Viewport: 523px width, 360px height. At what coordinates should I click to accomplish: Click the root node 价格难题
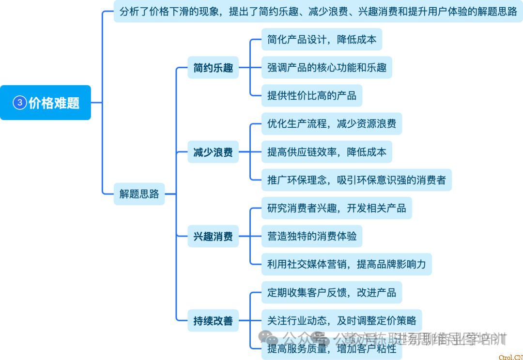(x=46, y=103)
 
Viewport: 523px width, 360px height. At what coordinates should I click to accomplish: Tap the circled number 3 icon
(x=20, y=103)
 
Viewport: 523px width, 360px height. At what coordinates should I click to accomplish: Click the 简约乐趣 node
(x=213, y=68)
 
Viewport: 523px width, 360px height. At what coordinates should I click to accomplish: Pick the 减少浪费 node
(x=213, y=152)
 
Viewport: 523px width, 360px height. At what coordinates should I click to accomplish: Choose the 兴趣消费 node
(x=213, y=237)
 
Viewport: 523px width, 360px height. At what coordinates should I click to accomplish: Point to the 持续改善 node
(x=213, y=321)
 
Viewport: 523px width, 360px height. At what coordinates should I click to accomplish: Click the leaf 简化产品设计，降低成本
(x=322, y=40)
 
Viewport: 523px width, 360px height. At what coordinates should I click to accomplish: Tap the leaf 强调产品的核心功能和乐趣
(x=326, y=68)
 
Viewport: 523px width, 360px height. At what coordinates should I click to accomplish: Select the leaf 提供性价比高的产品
(x=311, y=96)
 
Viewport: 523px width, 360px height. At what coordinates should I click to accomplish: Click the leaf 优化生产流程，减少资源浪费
(x=331, y=124)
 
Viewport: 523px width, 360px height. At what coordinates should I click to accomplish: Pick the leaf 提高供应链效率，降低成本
(x=326, y=152)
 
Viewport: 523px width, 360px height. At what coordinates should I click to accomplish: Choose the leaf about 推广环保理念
(x=356, y=180)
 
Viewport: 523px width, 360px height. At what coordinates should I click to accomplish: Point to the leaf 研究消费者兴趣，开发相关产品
(x=336, y=209)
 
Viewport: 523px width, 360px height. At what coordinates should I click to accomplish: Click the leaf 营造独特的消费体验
(x=311, y=236)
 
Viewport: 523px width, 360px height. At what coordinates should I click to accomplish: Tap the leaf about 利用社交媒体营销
(x=346, y=264)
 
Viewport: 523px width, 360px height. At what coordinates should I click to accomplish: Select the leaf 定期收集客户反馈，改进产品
(x=331, y=292)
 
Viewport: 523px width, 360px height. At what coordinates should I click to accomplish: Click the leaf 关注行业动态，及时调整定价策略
(x=341, y=320)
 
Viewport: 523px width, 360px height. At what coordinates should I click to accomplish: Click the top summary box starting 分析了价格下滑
(x=318, y=12)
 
